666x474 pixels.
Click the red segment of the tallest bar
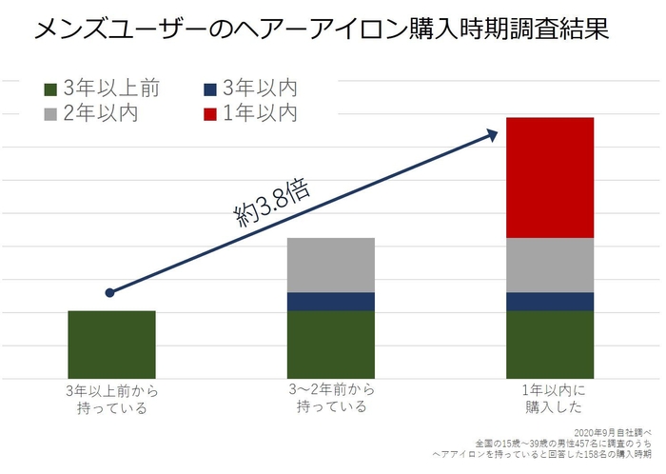[x=550, y=177]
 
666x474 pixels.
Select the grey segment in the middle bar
[x=331, y=265]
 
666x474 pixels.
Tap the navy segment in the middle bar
[x=331, y=301]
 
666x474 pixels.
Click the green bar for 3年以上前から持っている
[x=111, y=344]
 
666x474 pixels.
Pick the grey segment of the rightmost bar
[x=550, y=265]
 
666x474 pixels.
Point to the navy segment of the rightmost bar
[x=550, y=301]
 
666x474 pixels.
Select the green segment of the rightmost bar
[x=550, y=344]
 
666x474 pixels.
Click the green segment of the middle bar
[x=331, y=344]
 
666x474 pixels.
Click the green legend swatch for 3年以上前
[x=51, y=89]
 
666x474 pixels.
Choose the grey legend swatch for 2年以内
[x=51, y=114]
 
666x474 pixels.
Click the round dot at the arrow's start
[x=110, y=292]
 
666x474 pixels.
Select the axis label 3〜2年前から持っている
[x=331, y=399]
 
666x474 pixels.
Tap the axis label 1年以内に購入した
[x=550, y=399]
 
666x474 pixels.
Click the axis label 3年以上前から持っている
[x=111, y=399]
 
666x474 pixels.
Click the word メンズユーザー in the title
[x=106, y=30]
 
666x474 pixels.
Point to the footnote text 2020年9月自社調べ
[x=617, y=433]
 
